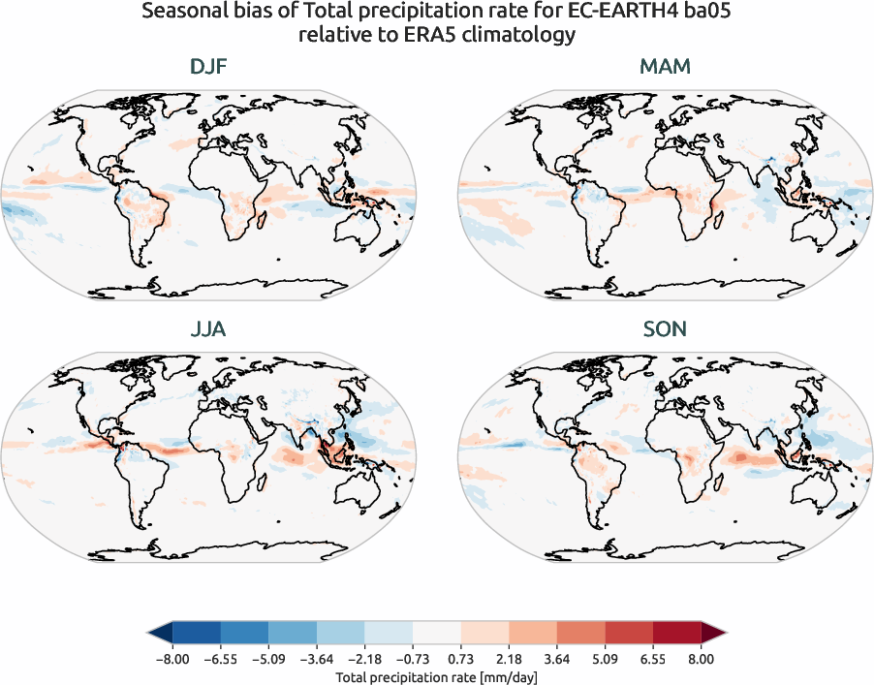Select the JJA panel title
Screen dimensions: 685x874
click(208, 330)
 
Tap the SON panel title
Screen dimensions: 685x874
click(665, 330)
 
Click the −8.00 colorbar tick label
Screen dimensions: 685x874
click(172, 659)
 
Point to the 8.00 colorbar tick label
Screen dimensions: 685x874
click(702, 659)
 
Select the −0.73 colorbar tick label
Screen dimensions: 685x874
click(412, 659)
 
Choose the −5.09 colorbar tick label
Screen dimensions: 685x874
click(267, 659)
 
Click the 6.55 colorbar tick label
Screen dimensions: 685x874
click(653, 659)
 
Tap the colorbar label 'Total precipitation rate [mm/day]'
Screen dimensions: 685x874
click(436, 676)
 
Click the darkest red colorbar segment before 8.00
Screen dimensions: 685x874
click(677, 634)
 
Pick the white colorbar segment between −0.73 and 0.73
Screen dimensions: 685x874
click(436, 634)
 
